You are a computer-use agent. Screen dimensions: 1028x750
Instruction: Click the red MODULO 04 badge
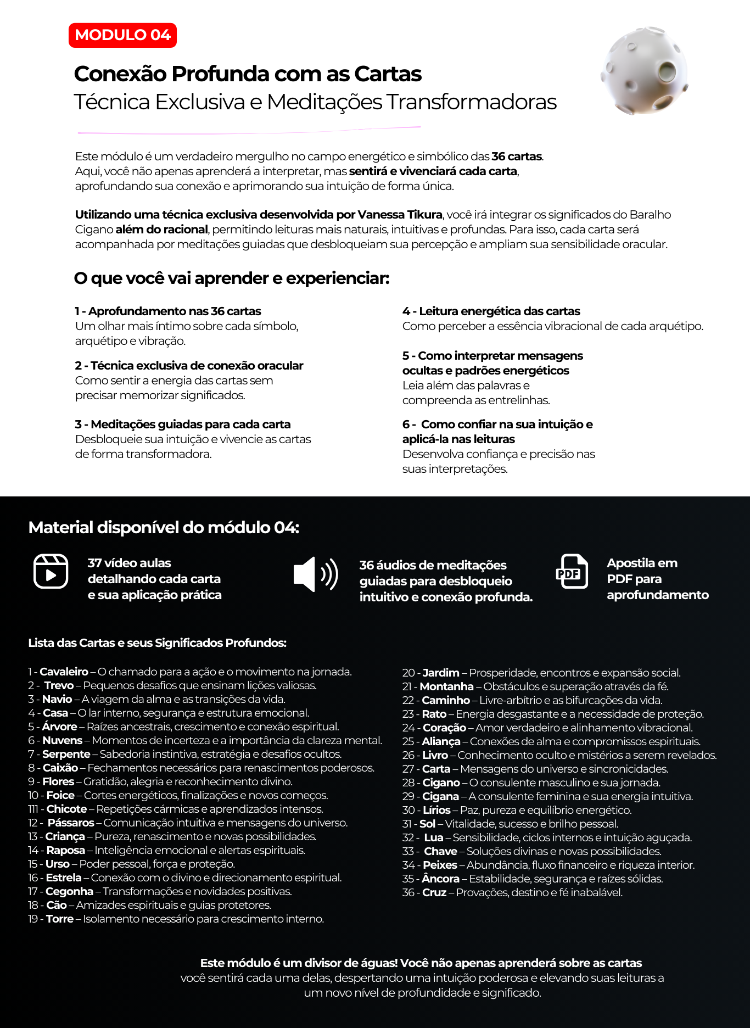tap(122, 35)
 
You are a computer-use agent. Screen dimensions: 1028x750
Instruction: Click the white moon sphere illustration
tap(644, 70)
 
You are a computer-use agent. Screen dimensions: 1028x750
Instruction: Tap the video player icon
tap(51, 571)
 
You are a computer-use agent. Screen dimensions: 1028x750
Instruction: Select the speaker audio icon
tap(315, 574)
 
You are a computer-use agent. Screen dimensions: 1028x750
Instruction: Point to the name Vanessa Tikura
tap(400, 215)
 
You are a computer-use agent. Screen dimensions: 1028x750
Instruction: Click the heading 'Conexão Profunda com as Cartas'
tap(248, 74)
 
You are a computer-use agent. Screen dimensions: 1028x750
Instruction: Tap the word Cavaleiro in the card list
tap(64, 672)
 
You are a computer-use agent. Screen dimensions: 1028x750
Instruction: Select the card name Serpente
tap(66, 754)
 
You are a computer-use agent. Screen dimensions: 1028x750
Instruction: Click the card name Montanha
tap(446, 686)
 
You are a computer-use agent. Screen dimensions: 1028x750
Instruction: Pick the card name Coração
tap(444, 728)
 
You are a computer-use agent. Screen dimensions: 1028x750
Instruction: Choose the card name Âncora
tap(440, 879)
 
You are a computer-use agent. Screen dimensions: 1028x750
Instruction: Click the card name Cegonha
tap(69, 891)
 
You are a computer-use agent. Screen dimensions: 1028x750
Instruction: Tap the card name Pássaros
tap(71, 823)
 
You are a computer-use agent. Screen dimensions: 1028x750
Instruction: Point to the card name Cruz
tap(434, 892)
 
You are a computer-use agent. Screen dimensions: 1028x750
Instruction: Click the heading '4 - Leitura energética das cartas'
tap(491, 311)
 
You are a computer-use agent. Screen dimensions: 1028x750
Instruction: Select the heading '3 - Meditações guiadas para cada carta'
tap(183, 424)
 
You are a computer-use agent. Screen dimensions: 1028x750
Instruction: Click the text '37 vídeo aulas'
tap(129, 563)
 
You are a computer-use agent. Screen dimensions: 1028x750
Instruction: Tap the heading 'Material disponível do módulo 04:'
tap(164, 528)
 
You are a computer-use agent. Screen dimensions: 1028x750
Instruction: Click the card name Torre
tap(59, 919)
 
